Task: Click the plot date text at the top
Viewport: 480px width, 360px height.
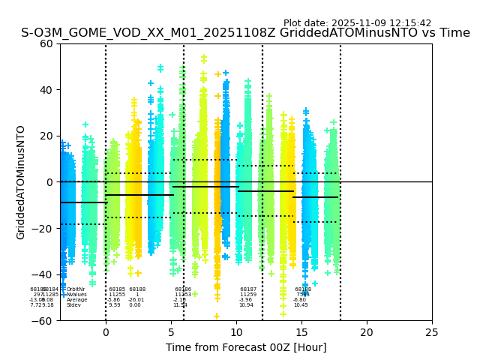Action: coord(357,23)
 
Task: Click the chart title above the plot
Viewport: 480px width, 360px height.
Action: coord(245,33)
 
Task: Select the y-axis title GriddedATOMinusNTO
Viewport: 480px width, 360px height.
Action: coord(21,182)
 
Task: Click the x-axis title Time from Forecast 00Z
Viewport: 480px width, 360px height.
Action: coord(246,347)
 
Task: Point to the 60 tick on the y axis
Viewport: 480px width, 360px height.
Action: coord(46,43)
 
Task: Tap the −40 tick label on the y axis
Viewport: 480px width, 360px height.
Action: coord(43,274)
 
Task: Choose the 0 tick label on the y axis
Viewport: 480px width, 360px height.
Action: coord(50,182)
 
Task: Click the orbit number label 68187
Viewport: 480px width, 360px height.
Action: coord(248,289)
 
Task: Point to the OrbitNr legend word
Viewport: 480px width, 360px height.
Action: coord(76,289)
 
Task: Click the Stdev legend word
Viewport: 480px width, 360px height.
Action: coord(73,305)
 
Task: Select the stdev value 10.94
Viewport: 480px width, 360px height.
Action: coord(246,305)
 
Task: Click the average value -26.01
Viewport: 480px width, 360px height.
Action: coord(136,300)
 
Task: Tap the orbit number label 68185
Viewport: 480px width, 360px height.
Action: coord(117,289)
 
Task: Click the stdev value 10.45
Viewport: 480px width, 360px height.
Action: coord(301,305)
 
